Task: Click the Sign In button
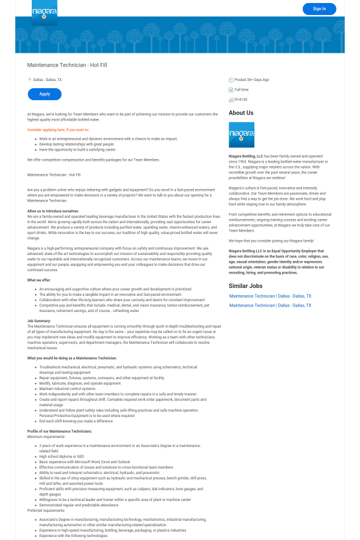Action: [319, 8]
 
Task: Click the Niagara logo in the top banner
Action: [44, 12]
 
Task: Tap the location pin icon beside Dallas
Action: [29, 79]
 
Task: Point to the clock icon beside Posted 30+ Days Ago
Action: [231, 79]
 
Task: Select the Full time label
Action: [242, 89]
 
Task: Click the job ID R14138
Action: [241, 100]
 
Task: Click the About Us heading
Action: [241, 113]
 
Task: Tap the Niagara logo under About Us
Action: [241, 135]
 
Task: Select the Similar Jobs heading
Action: [245, 286]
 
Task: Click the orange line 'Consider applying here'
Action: [58, 130]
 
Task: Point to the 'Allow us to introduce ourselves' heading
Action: [53, 211]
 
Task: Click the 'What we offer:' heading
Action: [39, 280]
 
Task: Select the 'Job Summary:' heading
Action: [39, 321]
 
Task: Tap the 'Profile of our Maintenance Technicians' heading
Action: [59, 431]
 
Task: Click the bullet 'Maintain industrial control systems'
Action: [67, 389]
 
